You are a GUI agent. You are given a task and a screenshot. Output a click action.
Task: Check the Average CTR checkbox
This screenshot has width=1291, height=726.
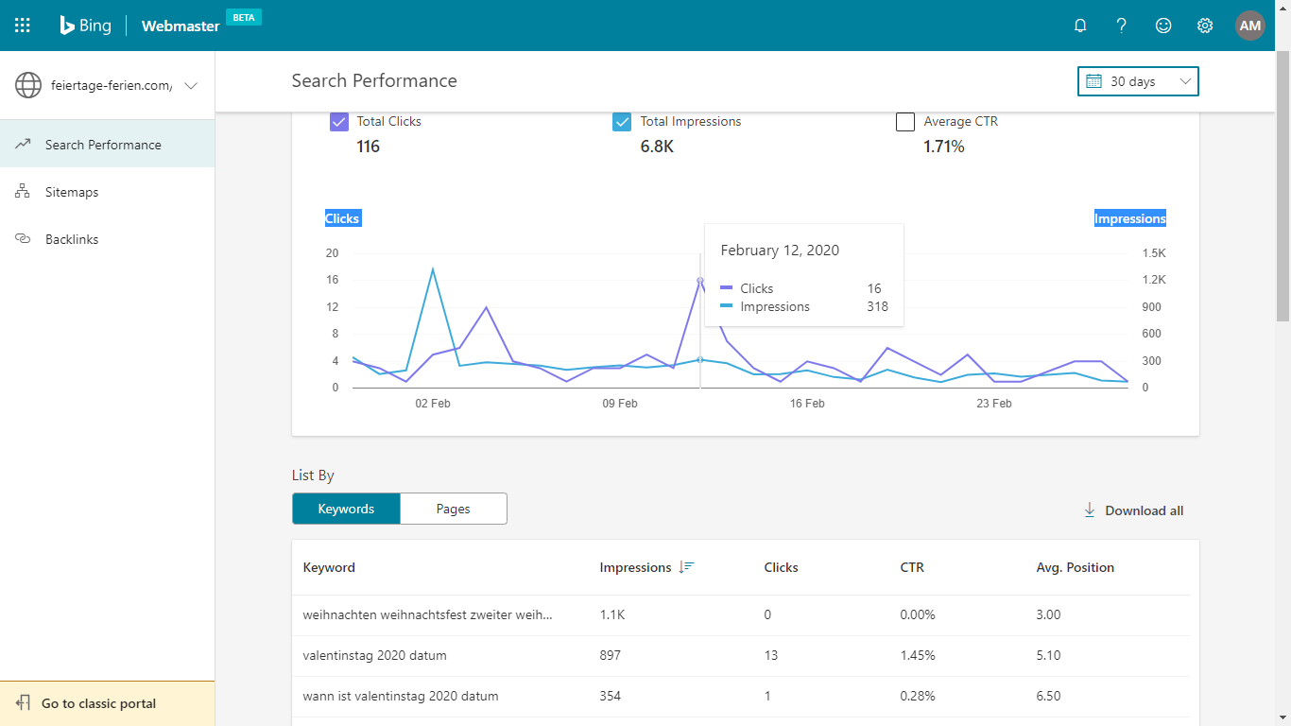click(x=904, y=122)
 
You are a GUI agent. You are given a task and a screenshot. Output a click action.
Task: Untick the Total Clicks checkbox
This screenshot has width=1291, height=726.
click(x=339, y=122)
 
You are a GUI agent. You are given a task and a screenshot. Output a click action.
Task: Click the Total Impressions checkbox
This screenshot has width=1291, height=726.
click(x=621, y=122)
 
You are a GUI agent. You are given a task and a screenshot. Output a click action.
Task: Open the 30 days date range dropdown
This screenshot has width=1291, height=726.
click(x=1138, y=81)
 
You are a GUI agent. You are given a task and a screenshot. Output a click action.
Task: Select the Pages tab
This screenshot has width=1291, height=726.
click(x=453, y=509)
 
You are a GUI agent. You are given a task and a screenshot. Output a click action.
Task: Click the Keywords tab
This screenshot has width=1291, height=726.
click(x=346, y=509)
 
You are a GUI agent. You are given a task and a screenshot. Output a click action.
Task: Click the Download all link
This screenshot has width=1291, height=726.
click(x=1134, y=510)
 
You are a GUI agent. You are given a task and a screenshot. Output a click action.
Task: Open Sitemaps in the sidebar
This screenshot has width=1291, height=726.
click(x=72, y=192)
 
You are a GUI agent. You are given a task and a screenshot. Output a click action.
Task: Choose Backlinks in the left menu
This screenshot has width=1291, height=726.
click(x=72, y=239)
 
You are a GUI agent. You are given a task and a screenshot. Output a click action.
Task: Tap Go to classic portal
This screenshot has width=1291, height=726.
click(x=98, y=703)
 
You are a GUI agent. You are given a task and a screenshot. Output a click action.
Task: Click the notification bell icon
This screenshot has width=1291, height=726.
click(x=1080, y=26)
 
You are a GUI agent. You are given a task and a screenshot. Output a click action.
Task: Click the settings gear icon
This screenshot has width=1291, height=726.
click(x=1205, y=26)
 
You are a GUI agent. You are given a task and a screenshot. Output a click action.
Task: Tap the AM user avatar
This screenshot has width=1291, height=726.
click(x=1249, y=26)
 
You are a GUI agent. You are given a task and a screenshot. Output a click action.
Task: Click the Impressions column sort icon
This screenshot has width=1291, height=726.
click(x=686, y=567)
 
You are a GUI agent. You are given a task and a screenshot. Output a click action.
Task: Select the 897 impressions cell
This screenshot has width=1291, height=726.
click(x=610, y=656)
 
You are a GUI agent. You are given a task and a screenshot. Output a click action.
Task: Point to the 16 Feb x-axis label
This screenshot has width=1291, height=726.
click(x=807, y=404)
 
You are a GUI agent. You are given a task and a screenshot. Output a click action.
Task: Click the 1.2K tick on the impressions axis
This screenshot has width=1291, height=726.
click(x=1154, y=280)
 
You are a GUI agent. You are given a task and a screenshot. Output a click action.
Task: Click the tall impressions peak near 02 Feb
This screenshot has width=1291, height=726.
click(x=432, y=268)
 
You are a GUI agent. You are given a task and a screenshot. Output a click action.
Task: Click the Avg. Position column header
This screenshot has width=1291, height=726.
click(x=1075, y=567)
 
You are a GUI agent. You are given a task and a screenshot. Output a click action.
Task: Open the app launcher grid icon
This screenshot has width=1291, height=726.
click(x=22, y=26)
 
